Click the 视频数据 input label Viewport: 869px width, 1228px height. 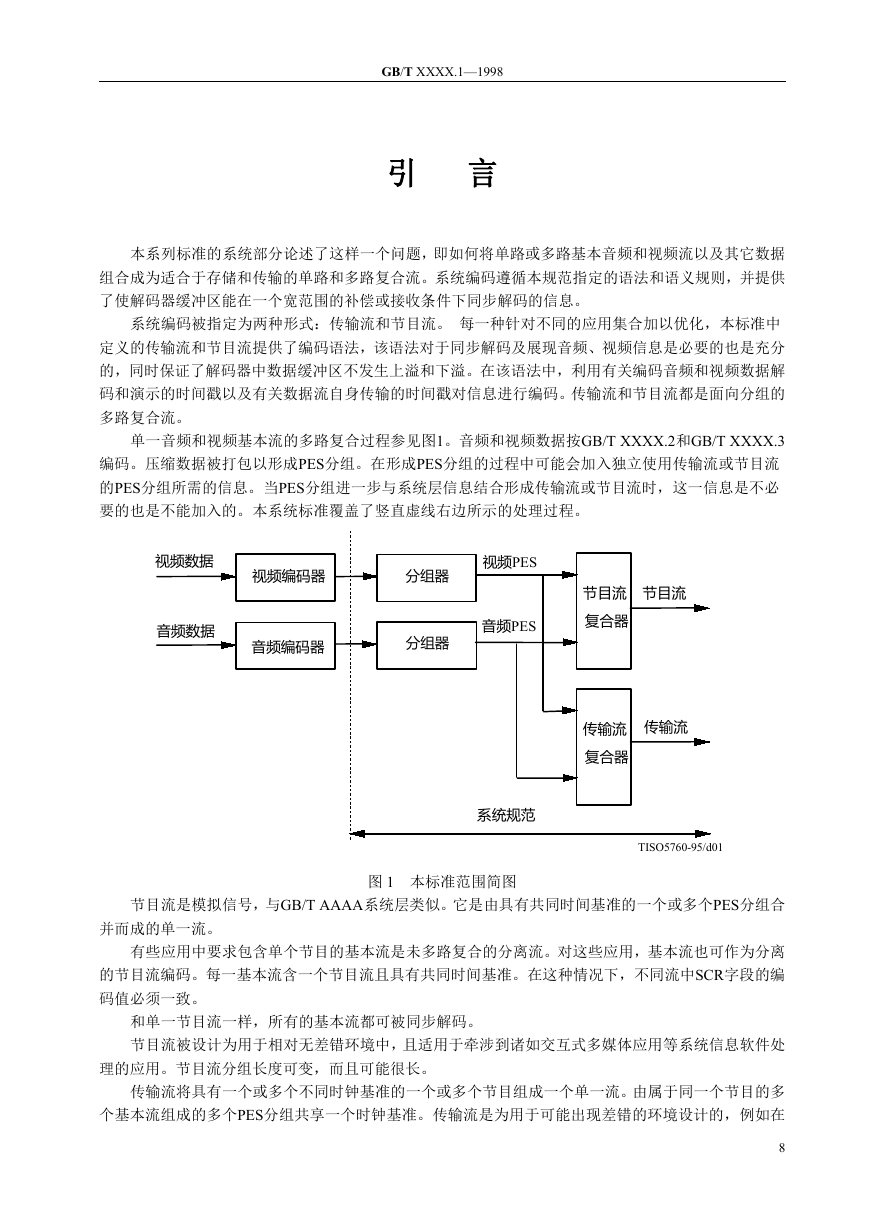(x=184, y=561)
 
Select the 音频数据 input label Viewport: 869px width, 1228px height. (x=185, y=631)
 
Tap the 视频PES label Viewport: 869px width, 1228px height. (x=509, y=562)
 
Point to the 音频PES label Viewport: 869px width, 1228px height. (x=509, y=626)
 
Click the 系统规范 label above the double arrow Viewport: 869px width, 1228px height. (x=506, y=815)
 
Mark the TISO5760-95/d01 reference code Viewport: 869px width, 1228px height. (x=680, y=847)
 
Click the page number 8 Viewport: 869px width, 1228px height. (x=782, y=1147)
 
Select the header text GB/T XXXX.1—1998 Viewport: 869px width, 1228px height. (x=442, y=71)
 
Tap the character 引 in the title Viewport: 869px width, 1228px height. (x=401, y=174)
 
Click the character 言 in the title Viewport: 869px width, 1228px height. (x=483, y=174)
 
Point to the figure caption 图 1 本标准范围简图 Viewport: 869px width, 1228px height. (x=442, y=882)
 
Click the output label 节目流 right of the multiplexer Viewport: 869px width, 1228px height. (x=664, y=593)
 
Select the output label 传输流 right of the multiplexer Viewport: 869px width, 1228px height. (x=666, y=727)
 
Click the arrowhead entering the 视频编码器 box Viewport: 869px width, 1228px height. (x=228, y=577)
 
